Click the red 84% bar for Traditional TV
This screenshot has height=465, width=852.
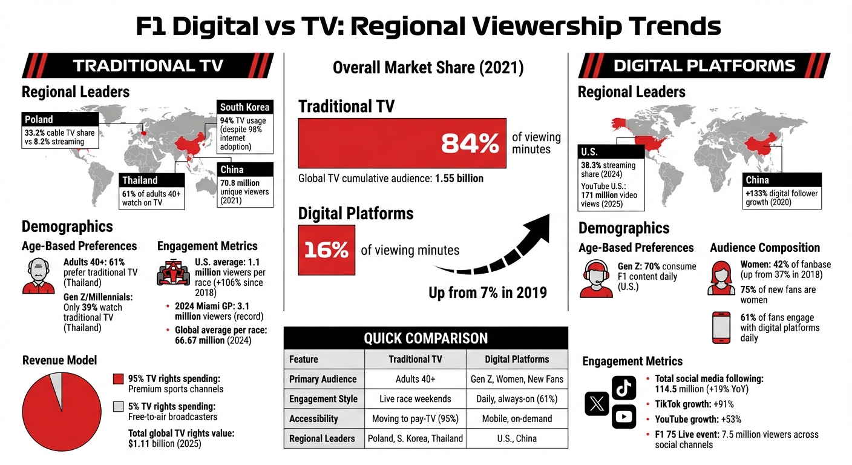tap(402, 143)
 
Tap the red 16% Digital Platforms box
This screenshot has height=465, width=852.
tap(327, 250)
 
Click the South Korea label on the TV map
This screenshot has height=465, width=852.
tap(245, 108)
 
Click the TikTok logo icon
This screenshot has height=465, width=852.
tap(624, 388)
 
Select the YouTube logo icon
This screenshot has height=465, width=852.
tap(624, 417)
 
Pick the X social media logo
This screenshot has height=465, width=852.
tap(597, 403)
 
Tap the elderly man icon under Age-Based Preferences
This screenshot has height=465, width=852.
tap(38, 276)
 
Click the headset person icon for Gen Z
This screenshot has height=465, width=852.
tap(595, 279)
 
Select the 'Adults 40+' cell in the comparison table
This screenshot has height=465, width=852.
tap(415, 380)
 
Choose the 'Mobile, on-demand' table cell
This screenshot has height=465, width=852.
tap(517, 418)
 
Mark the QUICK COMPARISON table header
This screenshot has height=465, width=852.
tap(425, 338)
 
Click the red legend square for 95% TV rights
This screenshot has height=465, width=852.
tap(119, 380)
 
